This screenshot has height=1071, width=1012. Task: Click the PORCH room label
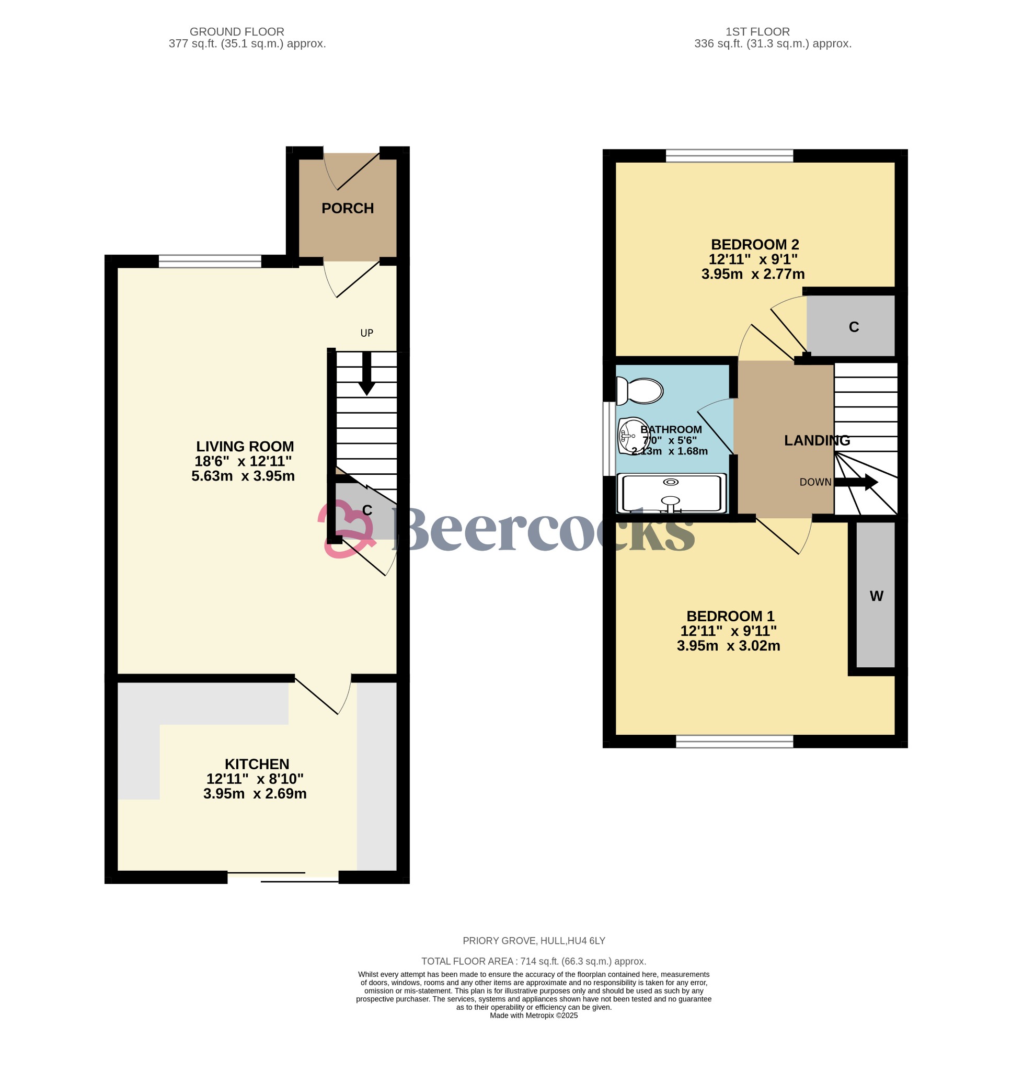(x=348, y=208)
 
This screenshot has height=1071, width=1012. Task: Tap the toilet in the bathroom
(x=640, y=391)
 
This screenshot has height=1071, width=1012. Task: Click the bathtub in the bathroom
(x=671, y=493)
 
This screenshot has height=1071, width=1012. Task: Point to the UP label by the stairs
(x=367, y=333)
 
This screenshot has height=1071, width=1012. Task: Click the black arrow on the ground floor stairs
(x=367, y=373)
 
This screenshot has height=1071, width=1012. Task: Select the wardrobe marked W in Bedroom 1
(x=876, y=596)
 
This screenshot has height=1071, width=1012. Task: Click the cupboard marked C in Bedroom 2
(x=850, y=326)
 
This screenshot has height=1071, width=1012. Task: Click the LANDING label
(x=816, y=441)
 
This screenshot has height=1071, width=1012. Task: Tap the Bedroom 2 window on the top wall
(x=729, y=156)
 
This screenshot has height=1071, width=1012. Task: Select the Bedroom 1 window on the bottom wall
(x=734, y=742)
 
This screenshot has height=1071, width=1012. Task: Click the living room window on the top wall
(x=210, y=261)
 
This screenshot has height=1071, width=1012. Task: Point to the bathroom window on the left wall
(x=609, y=439)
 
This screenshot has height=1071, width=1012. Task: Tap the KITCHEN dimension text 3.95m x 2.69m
(x=255, y=794)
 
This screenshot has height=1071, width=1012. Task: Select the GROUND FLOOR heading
(x=237, y=32)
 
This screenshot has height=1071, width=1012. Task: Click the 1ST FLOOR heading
(x=757, y=32)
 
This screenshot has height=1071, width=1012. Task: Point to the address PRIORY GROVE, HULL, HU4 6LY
(x=534, y=941)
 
